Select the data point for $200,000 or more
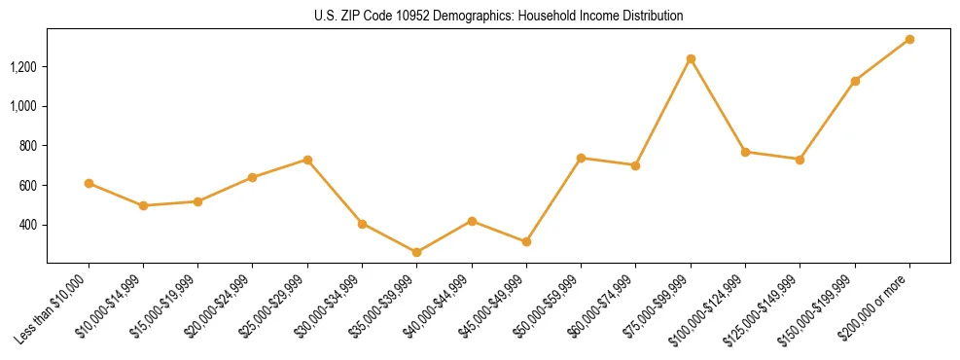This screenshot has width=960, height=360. point(909,40)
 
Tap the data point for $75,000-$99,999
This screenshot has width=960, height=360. point(691,59)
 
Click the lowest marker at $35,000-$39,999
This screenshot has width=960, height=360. point(417,253)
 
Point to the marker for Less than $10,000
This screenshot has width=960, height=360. point(89,183)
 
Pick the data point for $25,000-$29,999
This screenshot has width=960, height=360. point(307,160)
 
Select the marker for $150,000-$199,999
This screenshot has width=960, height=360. point(855,81)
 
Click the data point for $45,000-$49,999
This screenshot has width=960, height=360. point(526,241)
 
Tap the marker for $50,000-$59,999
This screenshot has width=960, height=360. point(581,158)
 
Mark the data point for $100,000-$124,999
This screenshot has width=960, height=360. point(745,152)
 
